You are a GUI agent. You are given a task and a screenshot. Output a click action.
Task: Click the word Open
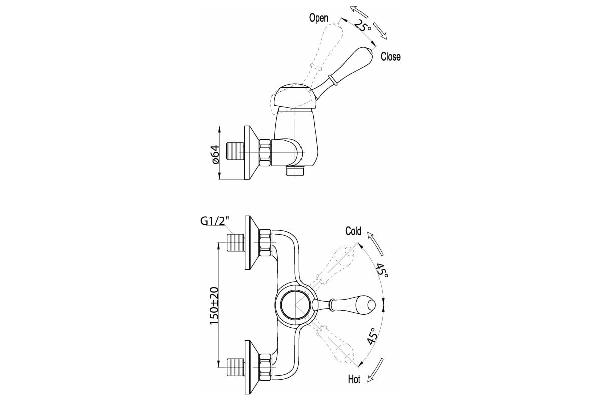tap(319, 18)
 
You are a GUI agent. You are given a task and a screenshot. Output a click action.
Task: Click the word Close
tap(391, 57)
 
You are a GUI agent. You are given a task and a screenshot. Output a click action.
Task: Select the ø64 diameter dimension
tap(216, 154)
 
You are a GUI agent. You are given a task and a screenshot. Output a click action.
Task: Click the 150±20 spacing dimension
tap(214, 306)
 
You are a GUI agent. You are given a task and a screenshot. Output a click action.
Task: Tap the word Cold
tap(353, 231)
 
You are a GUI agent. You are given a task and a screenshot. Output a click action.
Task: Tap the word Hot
tap(354, 379)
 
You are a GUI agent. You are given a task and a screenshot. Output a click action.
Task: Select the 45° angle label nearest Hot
tap(373, 336)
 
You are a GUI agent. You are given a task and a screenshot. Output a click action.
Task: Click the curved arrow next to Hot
tap(376, 370)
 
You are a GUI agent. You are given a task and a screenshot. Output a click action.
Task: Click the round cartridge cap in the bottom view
tap(296, 305)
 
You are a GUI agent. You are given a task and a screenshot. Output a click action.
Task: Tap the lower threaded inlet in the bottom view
tap(235, 367)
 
